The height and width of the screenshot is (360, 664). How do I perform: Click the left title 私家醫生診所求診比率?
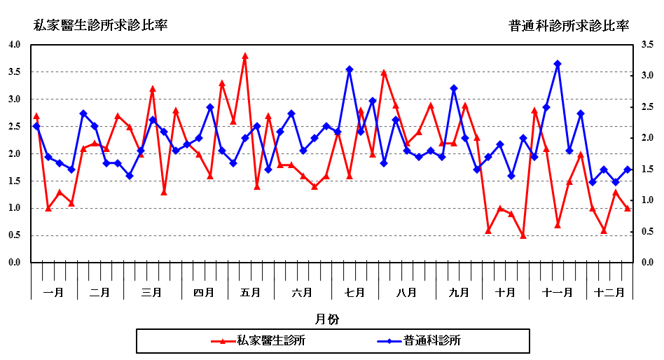[x=101, y=25]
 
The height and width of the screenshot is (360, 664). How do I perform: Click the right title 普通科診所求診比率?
[x=569, y=25]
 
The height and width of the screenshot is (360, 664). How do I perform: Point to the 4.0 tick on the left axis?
[x=15, y=45]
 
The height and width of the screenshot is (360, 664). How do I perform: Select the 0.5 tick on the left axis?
[x=15, y=235]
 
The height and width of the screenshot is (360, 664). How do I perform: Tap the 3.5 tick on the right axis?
[x=647, y=45]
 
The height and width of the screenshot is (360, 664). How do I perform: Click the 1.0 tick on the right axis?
[x=647, y=200]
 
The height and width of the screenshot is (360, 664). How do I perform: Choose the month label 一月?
[x=53, y=292]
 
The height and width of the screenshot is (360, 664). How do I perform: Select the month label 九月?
[x=459, y=292]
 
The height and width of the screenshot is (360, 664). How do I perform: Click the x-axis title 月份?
[x=327, y=319]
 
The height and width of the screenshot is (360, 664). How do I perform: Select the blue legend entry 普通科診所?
[x=431, y=341]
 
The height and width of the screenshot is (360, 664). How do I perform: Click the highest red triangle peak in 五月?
[x=245, y=56]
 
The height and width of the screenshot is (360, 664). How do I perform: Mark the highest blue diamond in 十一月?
[x=558, y=64]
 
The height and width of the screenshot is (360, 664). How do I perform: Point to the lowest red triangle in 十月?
[x=523, y=235]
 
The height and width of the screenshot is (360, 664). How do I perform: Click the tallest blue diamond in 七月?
[x=349, y=69]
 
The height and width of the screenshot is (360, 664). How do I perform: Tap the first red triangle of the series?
[x=36, y=116]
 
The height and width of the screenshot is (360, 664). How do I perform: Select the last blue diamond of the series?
[x=628, y=169]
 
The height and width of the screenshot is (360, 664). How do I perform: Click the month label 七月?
[x=355, y=292]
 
